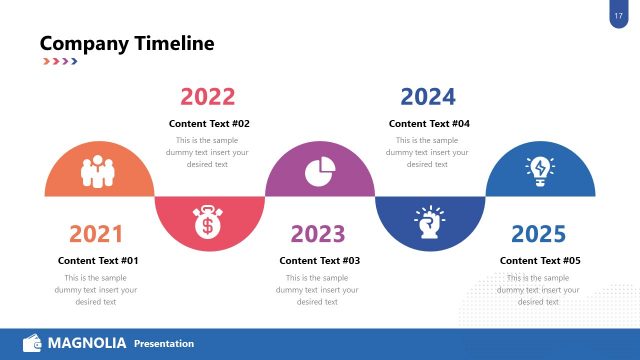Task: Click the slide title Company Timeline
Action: pyautogui.click(x=126, y=43)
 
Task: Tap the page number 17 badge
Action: pyautogui.click(x=617, y=15)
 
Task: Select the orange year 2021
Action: pyautogui.click(x=96, y=234)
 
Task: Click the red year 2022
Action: pyautogui.click(x=208, y=97)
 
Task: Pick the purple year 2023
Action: pyautogui.click(x=318, y=234)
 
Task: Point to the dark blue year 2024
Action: pyautogui.click(x=428, y=97)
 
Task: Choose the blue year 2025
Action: pyautogui.click(x=538, y=234)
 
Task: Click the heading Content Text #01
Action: pyautogui.click(x=98, y=260)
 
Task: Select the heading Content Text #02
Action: pyautogui.click(x=209, y=124)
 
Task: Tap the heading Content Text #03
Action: pyautogui.click(x=319, y=260)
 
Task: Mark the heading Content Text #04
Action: pyautogui.click(x=429, y=124)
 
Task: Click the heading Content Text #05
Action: pyautogui.click(x=540, y=260)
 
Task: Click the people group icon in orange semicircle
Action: pyautogui.click(x=99, y=169)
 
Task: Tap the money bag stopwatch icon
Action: pyautogui.click(x=209, y=222)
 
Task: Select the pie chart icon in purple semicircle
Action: pyautogui.click(x=319, y=169)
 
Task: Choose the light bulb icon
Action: pyautogui.click(x=540, y=169)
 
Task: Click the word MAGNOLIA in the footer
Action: pyautogui.click(x=87, y=344)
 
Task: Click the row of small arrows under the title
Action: pyautogui.click(x=59, y=62)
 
